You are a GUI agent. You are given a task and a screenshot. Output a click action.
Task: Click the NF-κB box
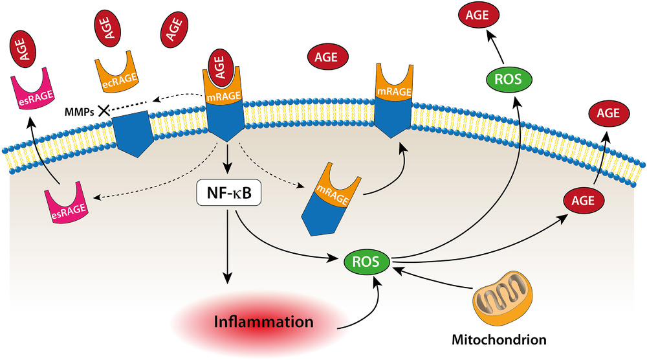point(227,193)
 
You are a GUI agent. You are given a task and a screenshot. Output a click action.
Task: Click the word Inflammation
point(265,322)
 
